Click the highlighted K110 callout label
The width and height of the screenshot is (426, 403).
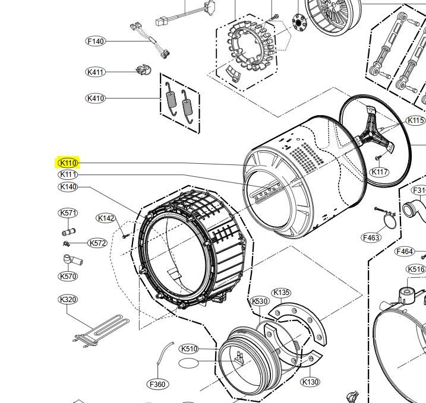pyautogui.click(x=68, y=163)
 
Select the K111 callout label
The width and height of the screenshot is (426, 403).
pyautogui.click(x=68, y=174)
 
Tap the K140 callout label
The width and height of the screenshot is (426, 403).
pyautogui.click(x=68, y=187)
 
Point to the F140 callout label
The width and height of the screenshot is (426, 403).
pyautogui.click(x=96, y=42)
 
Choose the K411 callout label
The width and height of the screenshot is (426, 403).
pyautogui.click(x=96, y=72)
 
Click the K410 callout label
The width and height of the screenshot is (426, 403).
pyautogui.click(x=96, y=98)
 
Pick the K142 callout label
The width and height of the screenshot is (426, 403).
pyautogui.click(x=106, y=218)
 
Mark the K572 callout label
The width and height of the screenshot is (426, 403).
pyautogui.click(x=97, y=243)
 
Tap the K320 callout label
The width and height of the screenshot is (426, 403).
pyautogui.click(x=68, y=300)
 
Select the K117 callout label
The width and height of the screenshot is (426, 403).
pyautogui.click(x=380, y=172)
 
